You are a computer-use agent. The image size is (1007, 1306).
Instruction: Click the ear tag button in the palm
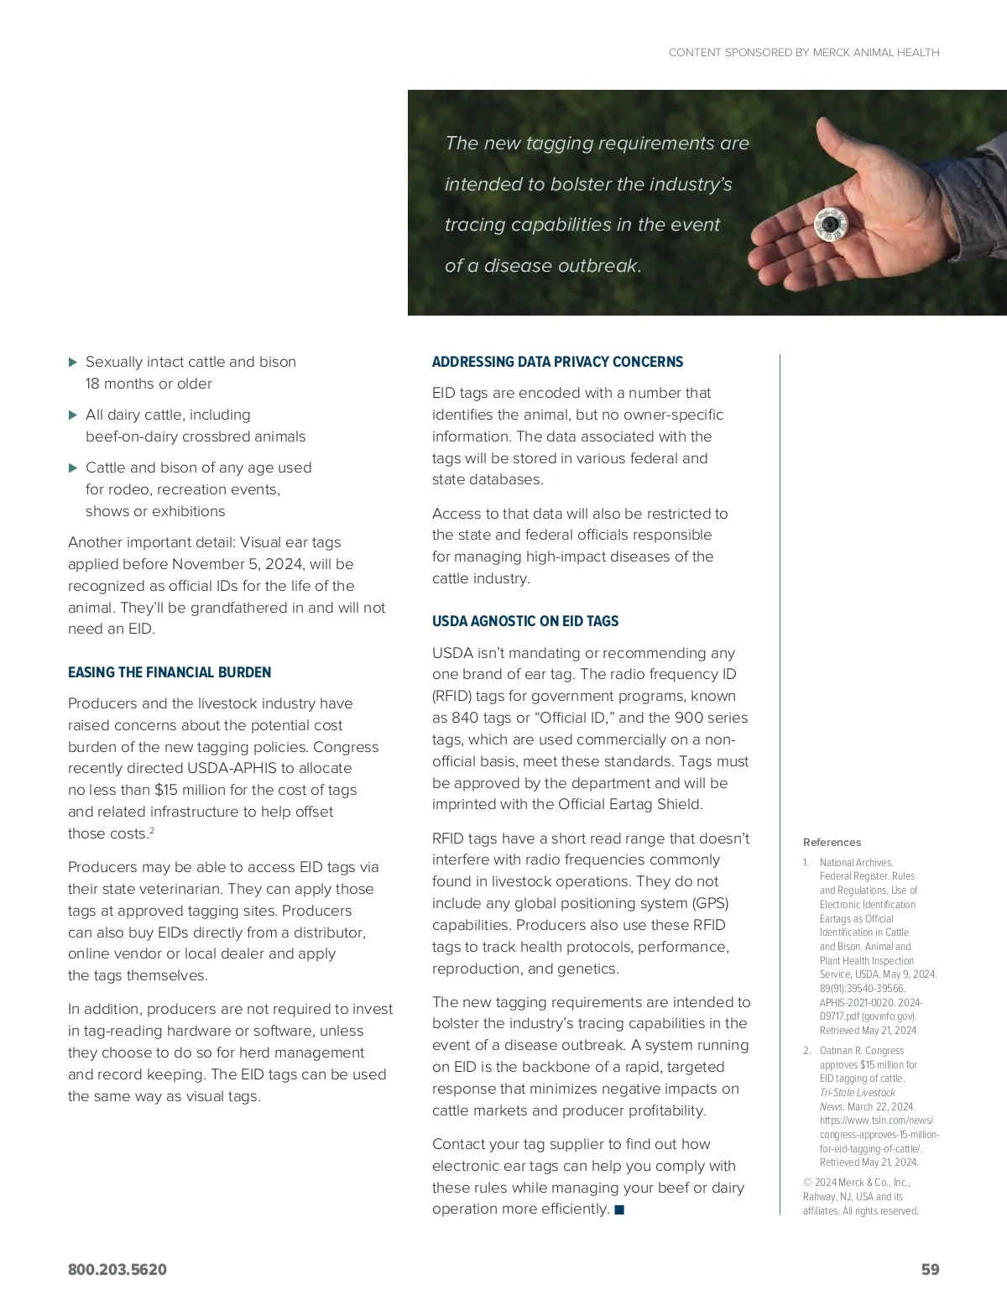point(830,224)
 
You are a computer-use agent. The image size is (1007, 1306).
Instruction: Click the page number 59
point(930,1269)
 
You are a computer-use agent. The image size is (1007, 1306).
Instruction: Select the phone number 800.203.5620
point(117,1269)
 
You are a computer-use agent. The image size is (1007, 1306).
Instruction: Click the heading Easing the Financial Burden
point(170,672)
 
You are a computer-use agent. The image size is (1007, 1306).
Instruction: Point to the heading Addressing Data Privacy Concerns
point(557,362)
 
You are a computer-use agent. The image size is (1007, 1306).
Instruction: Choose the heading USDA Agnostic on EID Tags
point(525,621)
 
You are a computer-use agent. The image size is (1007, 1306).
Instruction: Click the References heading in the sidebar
point(832,843)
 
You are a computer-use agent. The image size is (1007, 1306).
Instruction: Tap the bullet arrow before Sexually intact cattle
point(73,363)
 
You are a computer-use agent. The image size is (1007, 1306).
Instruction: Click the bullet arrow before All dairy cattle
point(73,415)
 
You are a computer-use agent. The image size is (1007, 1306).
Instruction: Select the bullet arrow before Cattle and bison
point(73,468)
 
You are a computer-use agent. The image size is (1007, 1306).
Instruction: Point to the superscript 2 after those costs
point(151,830)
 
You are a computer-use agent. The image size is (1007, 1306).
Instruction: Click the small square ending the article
point(619,1209)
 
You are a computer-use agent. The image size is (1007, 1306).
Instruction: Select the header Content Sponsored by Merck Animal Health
point(804,52)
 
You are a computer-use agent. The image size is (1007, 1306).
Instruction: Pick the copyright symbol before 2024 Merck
point(807,1183)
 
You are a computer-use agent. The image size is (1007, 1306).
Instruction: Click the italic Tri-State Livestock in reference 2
point(857,1093)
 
